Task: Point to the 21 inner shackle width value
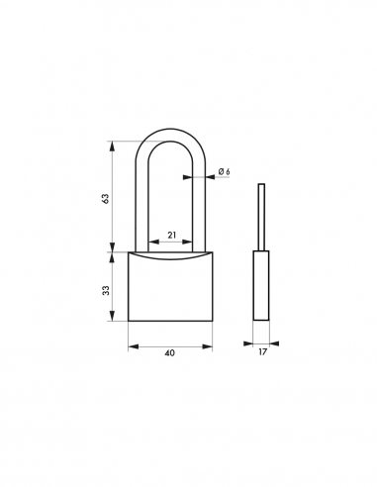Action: click(170, 235)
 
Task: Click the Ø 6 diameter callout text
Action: click(224, 172)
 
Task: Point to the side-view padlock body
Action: click(261, 287)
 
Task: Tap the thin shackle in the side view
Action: click(261, 218)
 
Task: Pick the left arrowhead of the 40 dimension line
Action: click(133, 346)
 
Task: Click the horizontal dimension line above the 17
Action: click(261, 346)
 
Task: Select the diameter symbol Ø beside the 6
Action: click(220, 172)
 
